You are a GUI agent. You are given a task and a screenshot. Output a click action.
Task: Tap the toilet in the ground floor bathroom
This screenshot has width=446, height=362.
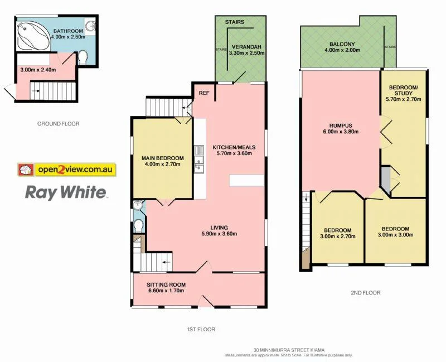[83, 57]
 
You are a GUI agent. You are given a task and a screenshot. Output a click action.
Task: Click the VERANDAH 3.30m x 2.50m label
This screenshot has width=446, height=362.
[245, 50]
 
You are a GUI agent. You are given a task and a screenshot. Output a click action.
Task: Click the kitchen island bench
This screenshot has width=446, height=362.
[246, 180]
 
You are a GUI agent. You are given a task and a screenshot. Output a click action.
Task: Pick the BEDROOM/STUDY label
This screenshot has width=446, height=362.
[404, 93]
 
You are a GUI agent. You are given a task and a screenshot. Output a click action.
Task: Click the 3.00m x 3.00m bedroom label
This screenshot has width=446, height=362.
[395, 232]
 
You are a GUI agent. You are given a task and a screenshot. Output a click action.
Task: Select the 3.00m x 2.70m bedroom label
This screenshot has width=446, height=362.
[338, 233]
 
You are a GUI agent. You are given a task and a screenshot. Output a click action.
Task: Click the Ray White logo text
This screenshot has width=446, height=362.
[66, 193]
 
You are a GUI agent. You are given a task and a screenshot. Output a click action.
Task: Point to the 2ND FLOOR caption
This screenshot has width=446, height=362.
[366, 292]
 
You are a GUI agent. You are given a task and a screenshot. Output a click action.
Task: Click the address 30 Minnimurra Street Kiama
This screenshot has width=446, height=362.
[288, 350]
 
